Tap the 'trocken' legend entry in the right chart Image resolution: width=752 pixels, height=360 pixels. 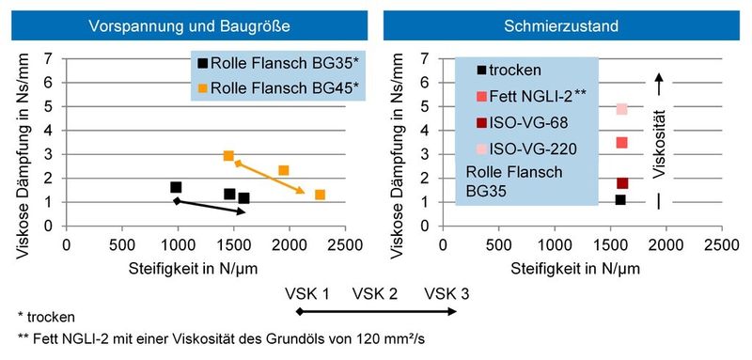(x=508, y=70)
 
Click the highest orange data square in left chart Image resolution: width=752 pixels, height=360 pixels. (x=228, y=155)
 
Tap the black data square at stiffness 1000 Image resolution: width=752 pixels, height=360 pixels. (x=176, y=188)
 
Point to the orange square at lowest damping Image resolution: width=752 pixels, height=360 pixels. (x=320, y=195)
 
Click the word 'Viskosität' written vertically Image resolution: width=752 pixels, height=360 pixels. (x=661, y=146)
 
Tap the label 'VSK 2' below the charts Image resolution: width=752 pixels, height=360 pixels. (x=374, y=293)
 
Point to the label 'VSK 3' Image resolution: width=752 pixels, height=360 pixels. (x=446, y=293)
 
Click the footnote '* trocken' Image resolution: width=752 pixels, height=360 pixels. (x=46, y=317)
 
